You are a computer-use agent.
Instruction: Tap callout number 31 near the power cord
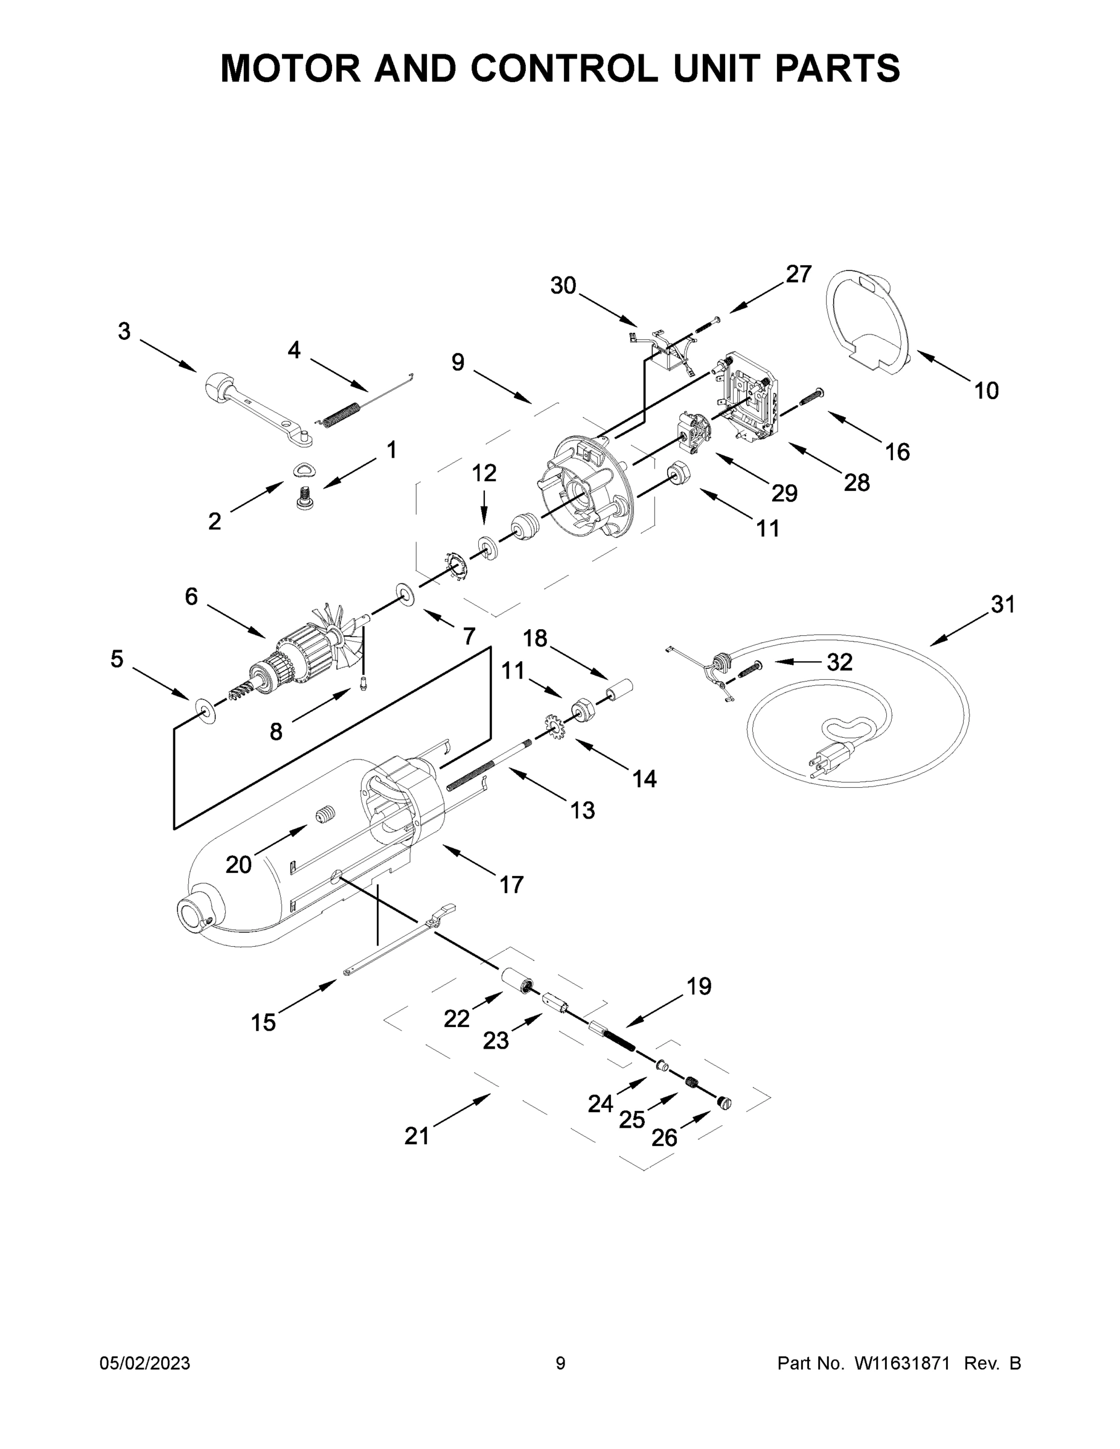coord(1002,604)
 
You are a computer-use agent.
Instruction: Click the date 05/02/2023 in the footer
coord(145,1363)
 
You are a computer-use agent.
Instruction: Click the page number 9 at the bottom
coord(560,1363)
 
